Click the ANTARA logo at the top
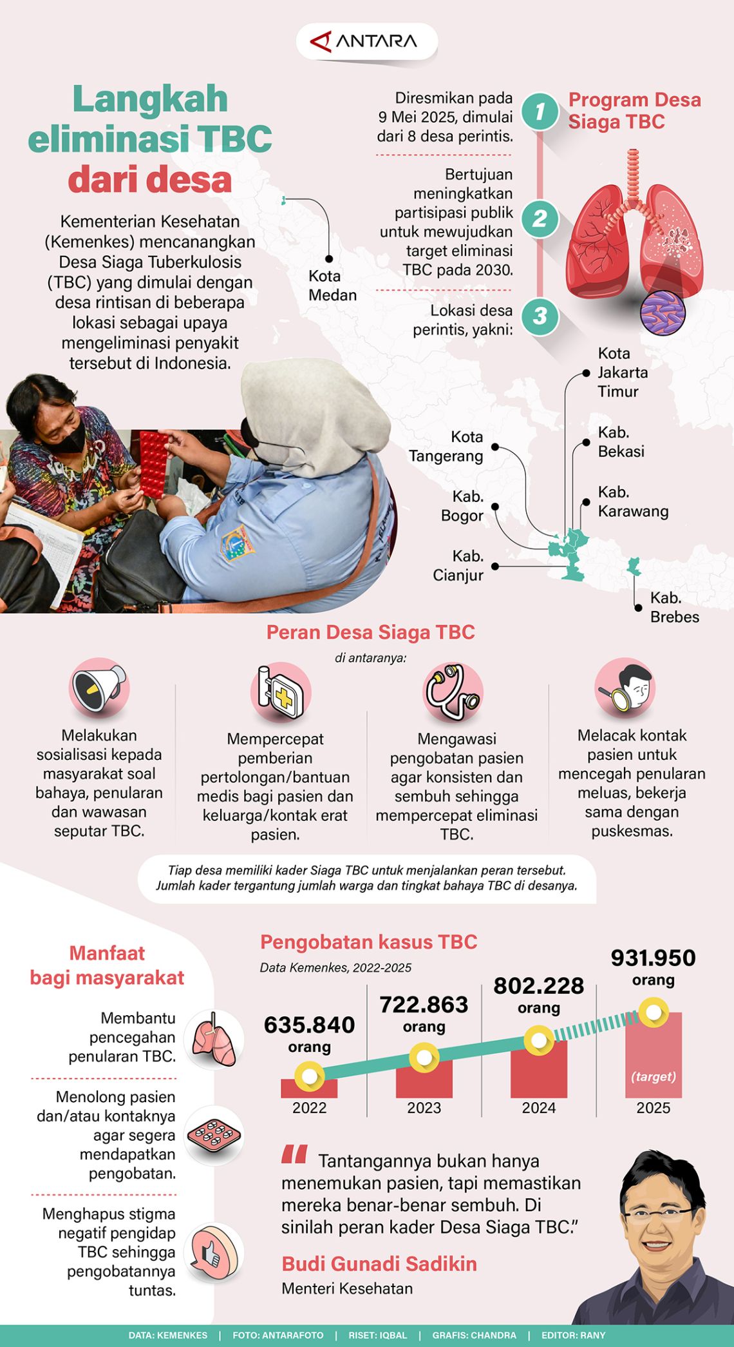coord(366,42)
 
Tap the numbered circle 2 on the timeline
coord(540,219)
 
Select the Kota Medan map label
coord(332,285)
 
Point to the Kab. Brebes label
coord(674,607)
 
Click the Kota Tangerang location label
coord(446,446)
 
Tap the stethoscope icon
coord(453,692)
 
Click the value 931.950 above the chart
coord(653,958)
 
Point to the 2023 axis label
coord(424,1108)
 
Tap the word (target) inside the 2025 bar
coord(653,1077)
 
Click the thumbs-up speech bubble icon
coord(212,1252)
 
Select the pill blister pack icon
coord(213,1136)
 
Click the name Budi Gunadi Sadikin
coord(379,1264)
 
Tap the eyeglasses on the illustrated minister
coord(655,1216)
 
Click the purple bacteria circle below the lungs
coord(663,313)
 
